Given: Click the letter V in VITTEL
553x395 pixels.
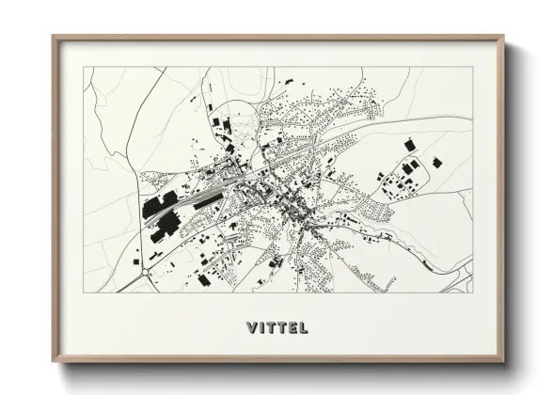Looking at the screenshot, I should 252,328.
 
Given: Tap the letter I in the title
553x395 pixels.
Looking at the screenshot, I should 263,328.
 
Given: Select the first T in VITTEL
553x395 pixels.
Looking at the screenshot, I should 274,328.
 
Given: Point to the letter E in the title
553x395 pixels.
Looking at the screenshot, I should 296,328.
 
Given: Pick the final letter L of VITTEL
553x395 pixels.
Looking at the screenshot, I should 308,328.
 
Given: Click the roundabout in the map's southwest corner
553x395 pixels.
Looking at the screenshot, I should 147,275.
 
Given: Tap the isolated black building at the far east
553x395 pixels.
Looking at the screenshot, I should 436,163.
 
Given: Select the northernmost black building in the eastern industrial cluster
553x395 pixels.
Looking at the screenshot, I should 409,145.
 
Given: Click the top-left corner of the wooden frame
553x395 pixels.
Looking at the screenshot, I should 54,38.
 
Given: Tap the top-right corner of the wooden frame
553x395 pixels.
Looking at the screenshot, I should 504,38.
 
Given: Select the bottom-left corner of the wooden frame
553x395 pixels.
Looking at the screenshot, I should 54,362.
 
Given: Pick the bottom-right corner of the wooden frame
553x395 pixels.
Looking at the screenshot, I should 504,362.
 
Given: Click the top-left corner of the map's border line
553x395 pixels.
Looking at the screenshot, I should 84,68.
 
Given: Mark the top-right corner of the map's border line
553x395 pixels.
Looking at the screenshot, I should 473,68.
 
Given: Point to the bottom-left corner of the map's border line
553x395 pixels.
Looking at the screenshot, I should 84,293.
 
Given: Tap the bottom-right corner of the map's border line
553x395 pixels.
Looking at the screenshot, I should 473,293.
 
